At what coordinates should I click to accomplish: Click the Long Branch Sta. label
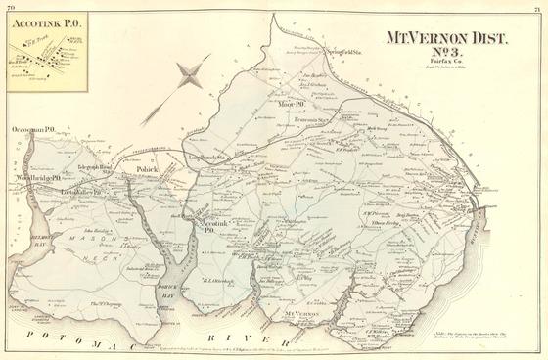[x=208, y=155]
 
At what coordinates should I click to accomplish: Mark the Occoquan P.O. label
[x=33, y=129]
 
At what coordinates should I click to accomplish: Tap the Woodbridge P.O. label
[x=39, y=178]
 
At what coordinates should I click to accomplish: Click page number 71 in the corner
[x=539, y=6]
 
